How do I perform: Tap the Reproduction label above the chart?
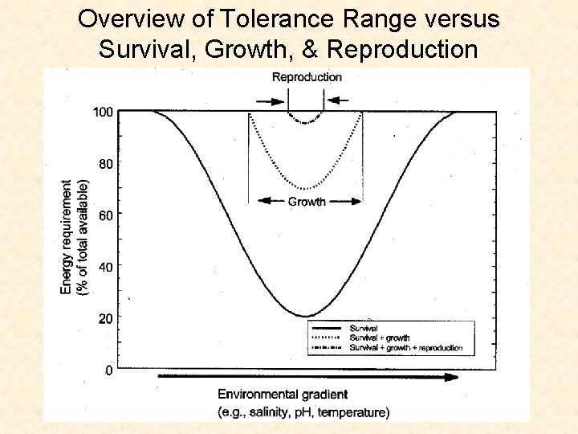pos(307,77)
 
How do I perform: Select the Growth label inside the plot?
pos(307,202)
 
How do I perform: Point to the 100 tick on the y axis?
pos(103,112)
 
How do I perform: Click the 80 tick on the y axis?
pos(106,163)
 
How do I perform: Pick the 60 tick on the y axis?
pos(106,215)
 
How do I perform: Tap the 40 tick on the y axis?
pos(106,266)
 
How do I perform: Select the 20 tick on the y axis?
pos(106,318)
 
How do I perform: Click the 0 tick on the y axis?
pos(109,370)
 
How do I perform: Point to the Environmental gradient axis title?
pos(283,394)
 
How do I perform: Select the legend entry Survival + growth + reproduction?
pos(405,348)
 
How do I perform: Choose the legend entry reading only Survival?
pos(363,328)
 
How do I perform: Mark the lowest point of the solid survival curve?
pos(305,316)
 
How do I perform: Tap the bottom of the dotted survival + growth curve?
pos(305,189)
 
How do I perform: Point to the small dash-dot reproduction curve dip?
pos(305,122)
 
